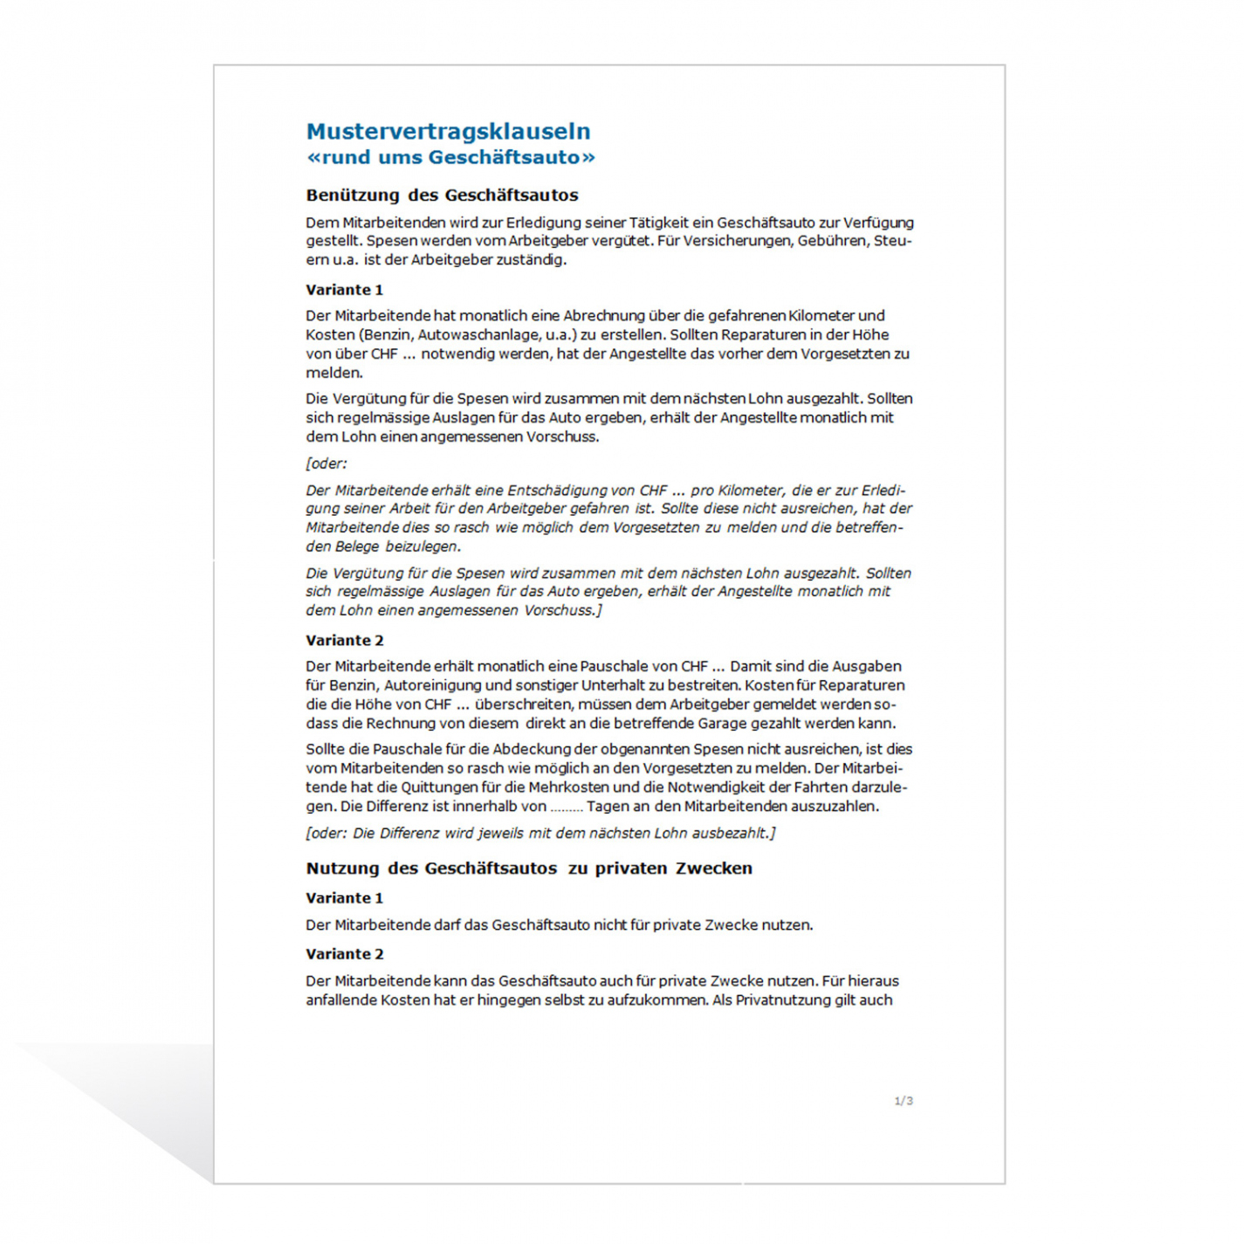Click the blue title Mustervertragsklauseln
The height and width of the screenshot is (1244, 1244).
coord(448,132)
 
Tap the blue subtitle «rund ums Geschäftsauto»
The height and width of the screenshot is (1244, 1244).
coord(450,158)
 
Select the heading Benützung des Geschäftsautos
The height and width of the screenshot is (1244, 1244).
coord(442,196)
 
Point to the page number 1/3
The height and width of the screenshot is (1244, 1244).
coord(904,1101)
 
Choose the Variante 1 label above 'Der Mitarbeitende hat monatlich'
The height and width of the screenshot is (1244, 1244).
coord(344,290)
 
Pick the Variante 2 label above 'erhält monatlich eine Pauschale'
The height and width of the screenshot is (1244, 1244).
coord(344,641)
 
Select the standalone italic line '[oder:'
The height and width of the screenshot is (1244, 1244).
coord(326,464)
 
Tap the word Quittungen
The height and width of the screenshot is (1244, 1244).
coord(438,787)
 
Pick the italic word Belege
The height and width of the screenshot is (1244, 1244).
coord(357,546)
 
